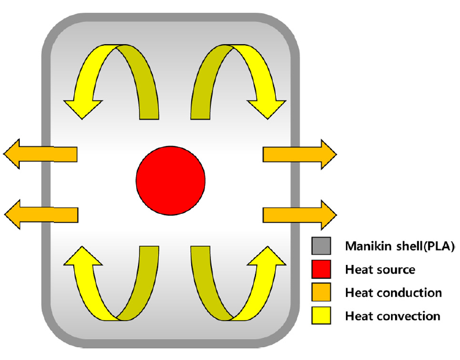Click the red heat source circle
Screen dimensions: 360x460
(x=170, y=181)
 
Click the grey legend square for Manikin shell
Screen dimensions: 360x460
(x=321, y=246)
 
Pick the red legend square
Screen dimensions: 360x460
(x=321, y=269)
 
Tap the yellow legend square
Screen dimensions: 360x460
(x=321, y=316)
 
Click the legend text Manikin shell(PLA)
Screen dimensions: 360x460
(x=399, y=246)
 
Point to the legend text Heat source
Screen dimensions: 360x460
(x=379, y=270)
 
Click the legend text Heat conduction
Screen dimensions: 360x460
(x=393, y=293)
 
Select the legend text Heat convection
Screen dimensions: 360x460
(x=392, y=316)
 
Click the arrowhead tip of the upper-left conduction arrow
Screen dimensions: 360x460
(x=5, y=154)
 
